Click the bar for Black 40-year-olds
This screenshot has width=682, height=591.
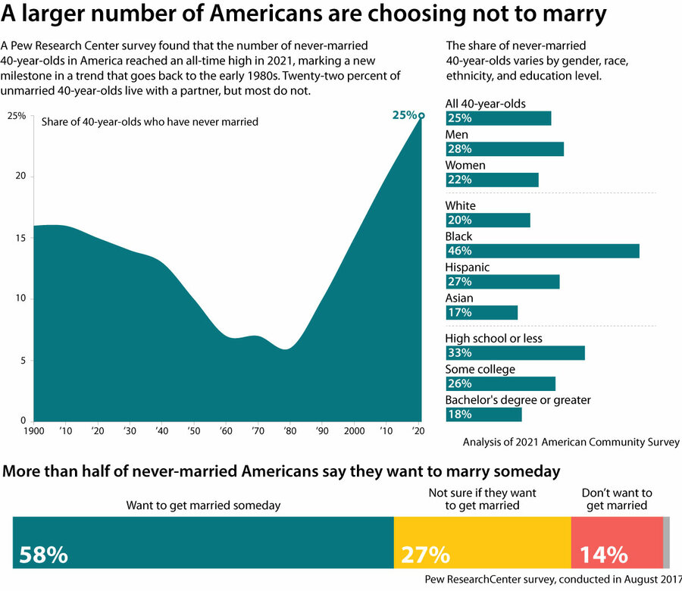click(543, 251)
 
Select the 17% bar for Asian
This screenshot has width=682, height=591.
click(482, 312)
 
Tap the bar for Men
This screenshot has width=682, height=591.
click(505, 149)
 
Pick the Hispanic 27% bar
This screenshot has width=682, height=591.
click(502, 282)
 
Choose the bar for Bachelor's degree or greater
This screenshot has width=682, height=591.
click(483, 414)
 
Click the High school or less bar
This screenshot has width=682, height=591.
click(515, 353)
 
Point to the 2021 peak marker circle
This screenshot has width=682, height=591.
click(421, 116)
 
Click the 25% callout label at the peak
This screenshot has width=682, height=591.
click(404, 115)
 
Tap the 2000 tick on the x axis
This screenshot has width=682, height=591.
click(354, 430)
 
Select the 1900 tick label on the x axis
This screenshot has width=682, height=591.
click(35, 430)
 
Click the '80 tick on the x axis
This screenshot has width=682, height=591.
click(289, 430)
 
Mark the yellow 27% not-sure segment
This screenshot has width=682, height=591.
click(482, 543)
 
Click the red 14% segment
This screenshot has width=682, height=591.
click(617, 543)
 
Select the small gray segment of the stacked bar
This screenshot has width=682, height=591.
click(666, 543)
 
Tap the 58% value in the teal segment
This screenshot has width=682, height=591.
click(44, 555)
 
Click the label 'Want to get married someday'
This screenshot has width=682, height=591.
click(202, 505)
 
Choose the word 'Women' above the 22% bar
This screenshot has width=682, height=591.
click(465, 165)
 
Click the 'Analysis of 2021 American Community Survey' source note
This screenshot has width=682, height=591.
click(571, 442)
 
